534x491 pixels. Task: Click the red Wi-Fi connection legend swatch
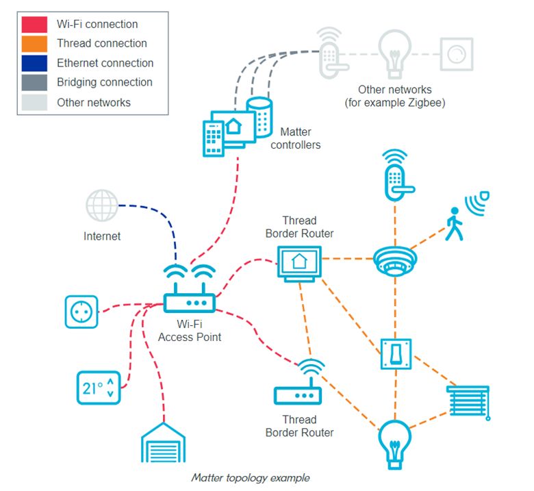coord(34,25)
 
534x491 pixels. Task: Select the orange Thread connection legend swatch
coord(34,44)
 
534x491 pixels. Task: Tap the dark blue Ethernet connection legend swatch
coord(34,63)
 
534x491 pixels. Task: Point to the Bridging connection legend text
coord(105,82)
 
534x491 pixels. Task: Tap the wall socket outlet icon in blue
coord(81,312)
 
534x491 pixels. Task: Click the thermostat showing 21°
coord(98,388)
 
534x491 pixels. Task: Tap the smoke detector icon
coord(395,261)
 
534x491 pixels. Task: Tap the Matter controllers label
coord(296,138)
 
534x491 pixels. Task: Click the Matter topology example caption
coord(250,477)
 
